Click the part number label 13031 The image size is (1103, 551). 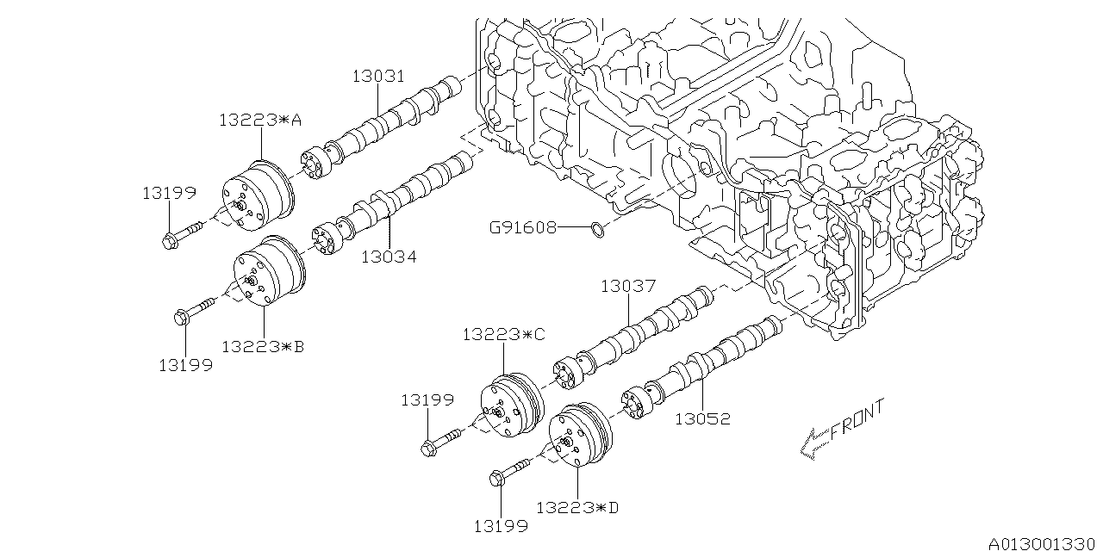tap(378, 77)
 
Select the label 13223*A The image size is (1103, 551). tap(260, 120)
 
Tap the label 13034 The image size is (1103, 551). tap(389, 257)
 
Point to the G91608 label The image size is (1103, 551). tap(522, 227)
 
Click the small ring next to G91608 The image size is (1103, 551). tap(598, 229)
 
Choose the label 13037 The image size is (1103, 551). tap(628, 286)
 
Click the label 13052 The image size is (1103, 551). tap(702, 419)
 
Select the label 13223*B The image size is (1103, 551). tap(263, 347)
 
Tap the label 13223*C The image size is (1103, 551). tap(504, 335)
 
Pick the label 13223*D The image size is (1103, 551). tap(577, 507)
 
